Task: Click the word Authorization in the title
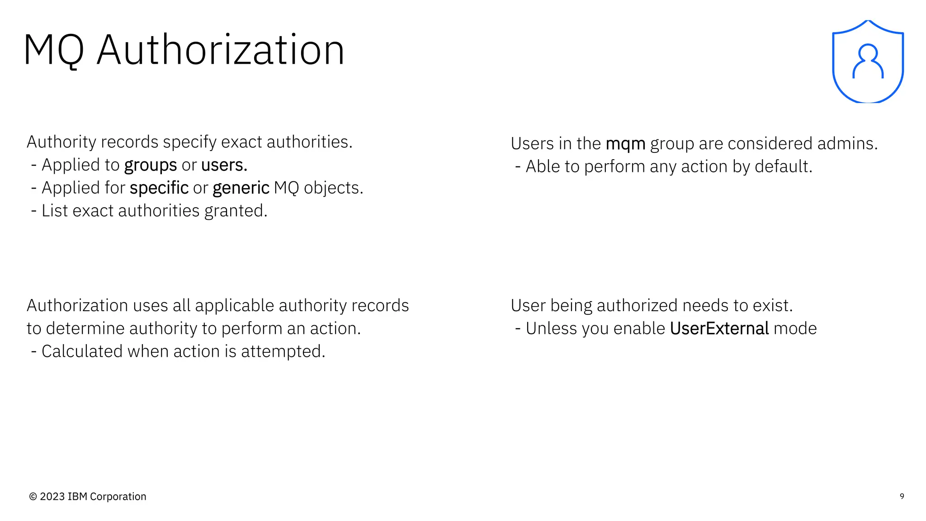coord(221,50)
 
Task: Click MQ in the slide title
coord(54,50)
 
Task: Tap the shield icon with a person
coord(868,62)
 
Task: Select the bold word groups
coord(151,166)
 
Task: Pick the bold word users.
coord(224,165)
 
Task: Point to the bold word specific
coord(159,188)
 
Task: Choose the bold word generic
coord(241,188)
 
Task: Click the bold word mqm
coord(625,144)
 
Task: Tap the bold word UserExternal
coord(719,329)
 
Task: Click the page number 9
coord(902,496)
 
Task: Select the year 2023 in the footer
coord(52,497)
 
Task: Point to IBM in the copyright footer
coord(77,497)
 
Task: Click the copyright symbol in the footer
coord(33,497)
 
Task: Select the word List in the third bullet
coord(55,211)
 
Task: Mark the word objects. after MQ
coord(333,188)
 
